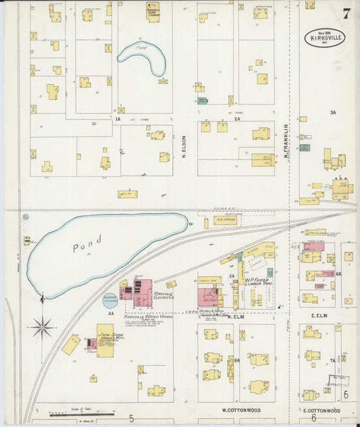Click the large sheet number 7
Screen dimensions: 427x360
click(346, 14)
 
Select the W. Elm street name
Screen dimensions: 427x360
click(235, 316)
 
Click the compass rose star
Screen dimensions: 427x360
click(43, 328)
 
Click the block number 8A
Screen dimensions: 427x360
click(236, 361)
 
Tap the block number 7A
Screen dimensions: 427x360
click(332, 361)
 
